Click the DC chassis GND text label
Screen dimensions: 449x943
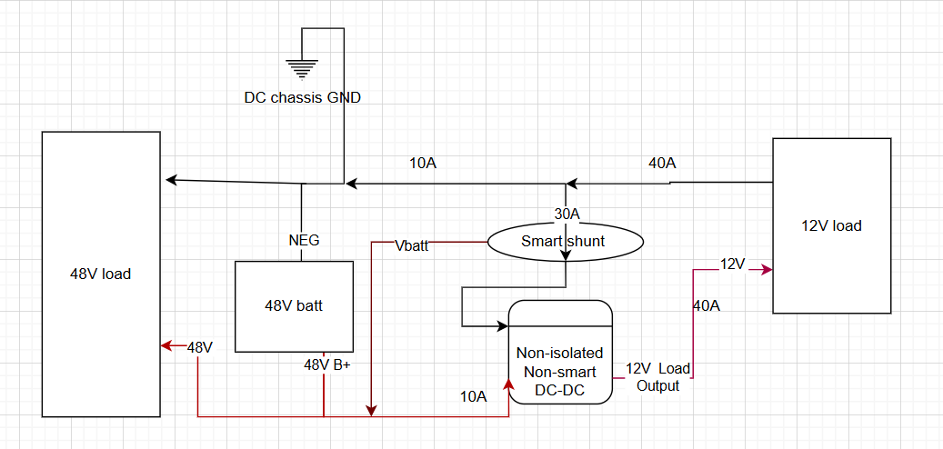[302, 97]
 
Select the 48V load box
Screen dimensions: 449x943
[101, 274]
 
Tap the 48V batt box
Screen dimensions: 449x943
[294, 306]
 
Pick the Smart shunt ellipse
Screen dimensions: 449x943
[566, 241]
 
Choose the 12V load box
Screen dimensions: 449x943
[831, 225]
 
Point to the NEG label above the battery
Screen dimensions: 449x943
[303, 241]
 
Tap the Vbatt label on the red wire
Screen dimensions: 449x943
[412, 244]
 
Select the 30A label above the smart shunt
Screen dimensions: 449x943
[567, 215]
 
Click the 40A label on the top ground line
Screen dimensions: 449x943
[662, 164]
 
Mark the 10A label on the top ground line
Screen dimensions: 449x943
[423, 164]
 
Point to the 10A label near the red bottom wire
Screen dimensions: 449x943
[473, 396]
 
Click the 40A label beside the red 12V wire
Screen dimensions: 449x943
[707, 305]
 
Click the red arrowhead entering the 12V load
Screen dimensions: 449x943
[767, 270]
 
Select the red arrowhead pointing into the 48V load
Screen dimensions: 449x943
[166, 346]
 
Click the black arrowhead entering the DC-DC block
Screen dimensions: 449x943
[503, 324]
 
